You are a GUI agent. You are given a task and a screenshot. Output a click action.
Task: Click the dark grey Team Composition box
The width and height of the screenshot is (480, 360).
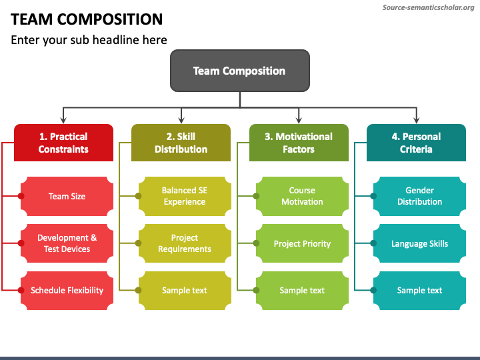[240, 71]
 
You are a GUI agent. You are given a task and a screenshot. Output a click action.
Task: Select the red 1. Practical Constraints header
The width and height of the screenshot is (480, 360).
[64, 143]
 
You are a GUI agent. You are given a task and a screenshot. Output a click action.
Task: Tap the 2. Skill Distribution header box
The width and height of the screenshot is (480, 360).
[181, 143]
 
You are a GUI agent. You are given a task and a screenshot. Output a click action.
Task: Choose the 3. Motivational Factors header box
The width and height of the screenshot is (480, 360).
[299, 143]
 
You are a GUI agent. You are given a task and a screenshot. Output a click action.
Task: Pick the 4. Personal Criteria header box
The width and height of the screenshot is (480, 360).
[416, 143]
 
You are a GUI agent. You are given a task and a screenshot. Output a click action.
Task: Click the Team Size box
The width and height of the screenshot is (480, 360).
[67, 196]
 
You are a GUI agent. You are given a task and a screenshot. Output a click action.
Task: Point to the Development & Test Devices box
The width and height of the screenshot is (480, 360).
[67, 243]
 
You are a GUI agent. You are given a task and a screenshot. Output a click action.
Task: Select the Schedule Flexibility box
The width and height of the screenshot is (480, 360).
[67, 291]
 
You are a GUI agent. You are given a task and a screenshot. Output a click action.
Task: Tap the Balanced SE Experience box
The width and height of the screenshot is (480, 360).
[185, 196]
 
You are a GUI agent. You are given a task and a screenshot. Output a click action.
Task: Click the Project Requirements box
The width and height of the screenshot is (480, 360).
[185, 243]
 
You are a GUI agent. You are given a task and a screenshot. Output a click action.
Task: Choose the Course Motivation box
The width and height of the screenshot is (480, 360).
[302, 196]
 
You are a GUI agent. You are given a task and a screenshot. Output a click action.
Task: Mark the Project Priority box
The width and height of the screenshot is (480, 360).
[302, 243]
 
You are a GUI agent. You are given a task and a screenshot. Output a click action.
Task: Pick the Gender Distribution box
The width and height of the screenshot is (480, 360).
[420, 196]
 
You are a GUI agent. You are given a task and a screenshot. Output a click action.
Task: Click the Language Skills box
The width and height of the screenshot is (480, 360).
[420, 243]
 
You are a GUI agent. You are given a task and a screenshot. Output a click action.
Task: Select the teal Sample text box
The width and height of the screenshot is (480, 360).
[420, 291]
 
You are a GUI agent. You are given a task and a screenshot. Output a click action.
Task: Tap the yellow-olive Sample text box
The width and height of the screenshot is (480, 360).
[185, 291]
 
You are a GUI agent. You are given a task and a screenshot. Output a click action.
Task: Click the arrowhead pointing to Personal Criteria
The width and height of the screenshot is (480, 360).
[416, 120]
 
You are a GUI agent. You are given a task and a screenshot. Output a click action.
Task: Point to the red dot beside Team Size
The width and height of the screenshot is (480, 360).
[21, 196]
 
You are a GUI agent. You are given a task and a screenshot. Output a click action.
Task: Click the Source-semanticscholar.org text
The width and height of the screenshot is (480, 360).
[428, 7]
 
